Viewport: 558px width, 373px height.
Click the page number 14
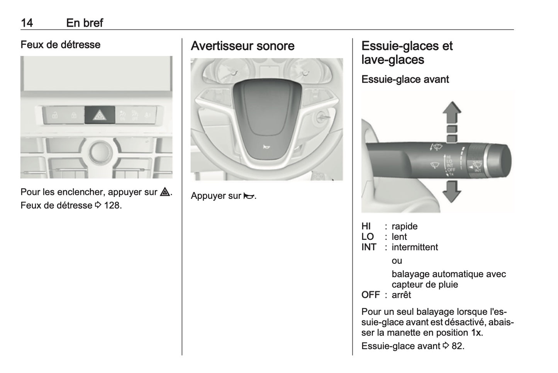(x=27, y=23)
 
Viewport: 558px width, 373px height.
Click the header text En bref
(x=84, y=23)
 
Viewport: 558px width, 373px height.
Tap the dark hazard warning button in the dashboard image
(x=100, y=115)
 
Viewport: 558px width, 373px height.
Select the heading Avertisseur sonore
(x=243, y=46)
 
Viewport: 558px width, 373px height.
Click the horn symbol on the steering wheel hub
(x=266, y=146)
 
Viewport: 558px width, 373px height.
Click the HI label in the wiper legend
(x=366, y=226)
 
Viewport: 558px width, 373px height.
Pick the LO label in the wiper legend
(x=368, y=237)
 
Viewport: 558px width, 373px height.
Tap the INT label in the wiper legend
(x=369, y=247)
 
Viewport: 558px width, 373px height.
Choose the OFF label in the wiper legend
(x=371, y=295)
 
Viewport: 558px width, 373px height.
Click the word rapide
(x=404, y=226)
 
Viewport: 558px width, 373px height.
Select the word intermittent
(x=415, y=247)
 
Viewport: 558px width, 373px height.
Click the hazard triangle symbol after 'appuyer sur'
(x=165, y=192)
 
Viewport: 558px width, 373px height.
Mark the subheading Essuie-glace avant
(x=405, y=80)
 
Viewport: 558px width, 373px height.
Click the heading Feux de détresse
(x=60, y=45)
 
